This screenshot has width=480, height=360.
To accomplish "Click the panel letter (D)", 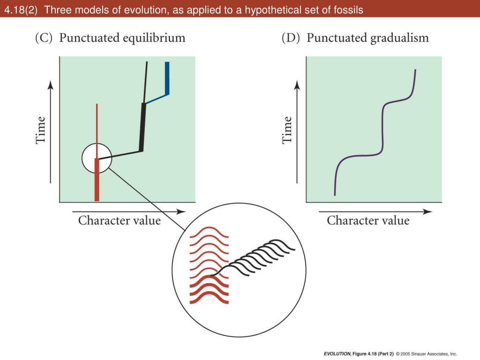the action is pos(291,38).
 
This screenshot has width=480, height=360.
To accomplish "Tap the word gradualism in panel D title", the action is pos(399,38).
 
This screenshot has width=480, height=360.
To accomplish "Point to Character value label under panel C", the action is pos(119,220).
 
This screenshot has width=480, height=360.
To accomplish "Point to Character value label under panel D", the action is pos(368,220).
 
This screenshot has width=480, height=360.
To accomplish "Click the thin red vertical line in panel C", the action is pos(97,127).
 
